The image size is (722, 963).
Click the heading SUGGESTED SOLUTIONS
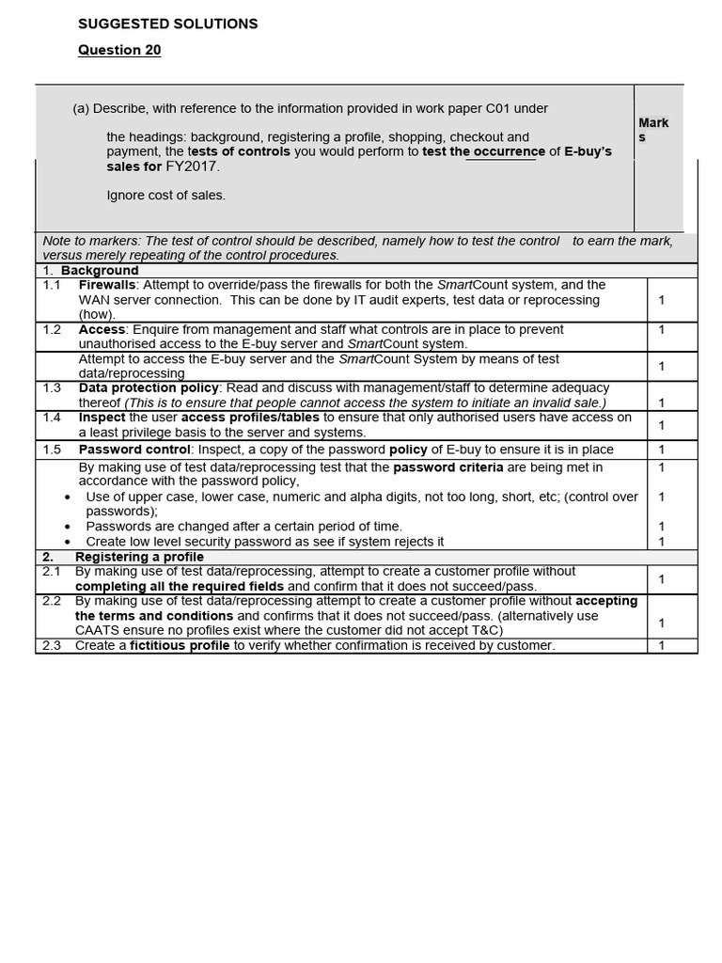click(167, 24)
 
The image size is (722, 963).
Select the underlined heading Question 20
click(119, 51)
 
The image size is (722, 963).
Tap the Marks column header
click(653, 130)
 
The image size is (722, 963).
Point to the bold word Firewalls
click(107, 285)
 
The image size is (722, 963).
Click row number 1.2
click(52, 330)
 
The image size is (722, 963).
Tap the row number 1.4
click(52, 418)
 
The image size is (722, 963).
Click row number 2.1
click(52, 571)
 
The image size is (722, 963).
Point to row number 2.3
click(52, 645)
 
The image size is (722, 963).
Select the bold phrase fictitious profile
click(179, 645)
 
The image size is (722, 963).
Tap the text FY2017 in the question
click(193, 166)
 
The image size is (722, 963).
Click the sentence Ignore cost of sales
click(165, 196)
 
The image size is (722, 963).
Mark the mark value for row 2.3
click(662, 645)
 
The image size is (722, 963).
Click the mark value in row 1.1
click(662, 300)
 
